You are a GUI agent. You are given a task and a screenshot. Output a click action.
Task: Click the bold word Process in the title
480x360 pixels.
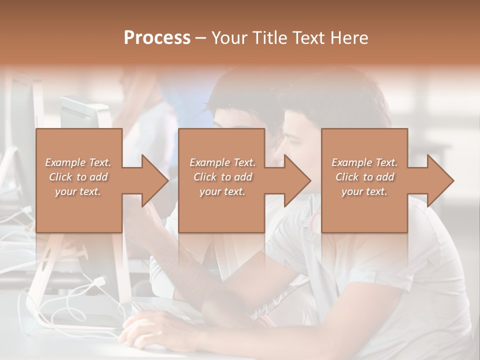(x=157, y=38)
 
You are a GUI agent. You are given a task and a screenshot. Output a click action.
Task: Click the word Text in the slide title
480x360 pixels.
(x=307, y=38)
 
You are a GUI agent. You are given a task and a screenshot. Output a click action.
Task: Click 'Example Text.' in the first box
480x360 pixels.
(x=78, y=162)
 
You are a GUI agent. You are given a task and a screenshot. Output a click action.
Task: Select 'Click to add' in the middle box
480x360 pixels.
(x=223, y=177)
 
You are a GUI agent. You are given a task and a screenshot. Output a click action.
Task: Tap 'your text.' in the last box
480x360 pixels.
(x=364, y=191)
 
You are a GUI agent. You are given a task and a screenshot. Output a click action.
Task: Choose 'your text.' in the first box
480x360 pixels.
(x=78, y=191)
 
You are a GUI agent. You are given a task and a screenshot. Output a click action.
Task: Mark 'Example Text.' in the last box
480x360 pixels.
(x=364, y=162)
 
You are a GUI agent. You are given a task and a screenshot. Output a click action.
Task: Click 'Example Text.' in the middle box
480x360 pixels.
(x=223, y=162)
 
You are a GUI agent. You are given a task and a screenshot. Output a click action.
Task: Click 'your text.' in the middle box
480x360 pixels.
(x=222, y=191)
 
